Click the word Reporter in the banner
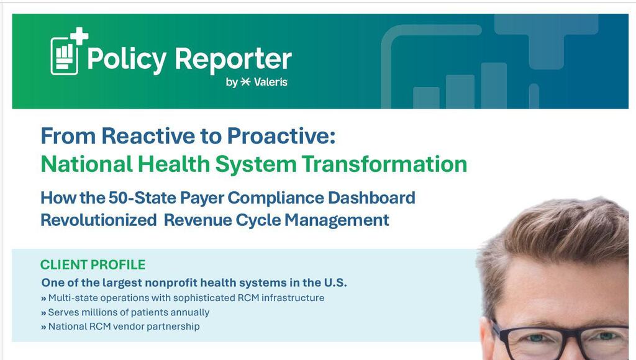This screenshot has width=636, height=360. (x=233, y=59)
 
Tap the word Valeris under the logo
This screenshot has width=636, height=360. (x=271, y=82)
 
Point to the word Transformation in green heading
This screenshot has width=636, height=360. (x=384, y=164)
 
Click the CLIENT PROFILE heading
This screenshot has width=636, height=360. (x=93, y=264)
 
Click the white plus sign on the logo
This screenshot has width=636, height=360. (x=79, y=37)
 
